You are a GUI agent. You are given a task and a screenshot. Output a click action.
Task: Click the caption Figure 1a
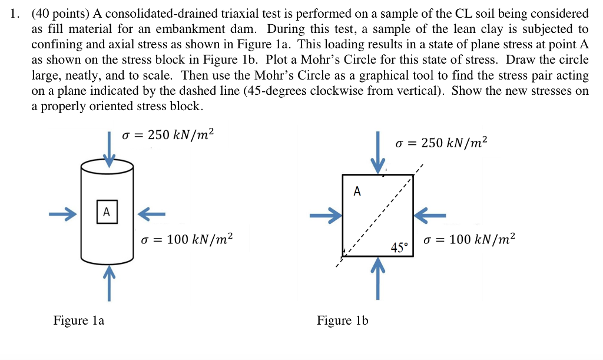pos(78,321)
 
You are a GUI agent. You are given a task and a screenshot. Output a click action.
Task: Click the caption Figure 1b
pos(342,321)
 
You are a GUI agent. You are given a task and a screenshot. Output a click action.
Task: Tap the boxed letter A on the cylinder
pos(107,212)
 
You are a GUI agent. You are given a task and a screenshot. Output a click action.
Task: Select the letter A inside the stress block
pos(357,191)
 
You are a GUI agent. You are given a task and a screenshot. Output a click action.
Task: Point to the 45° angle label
pos(399,247)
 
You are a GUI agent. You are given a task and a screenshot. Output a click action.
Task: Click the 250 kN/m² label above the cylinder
pos(168,135)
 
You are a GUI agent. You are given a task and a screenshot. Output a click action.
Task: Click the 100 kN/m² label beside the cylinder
pos(187,239)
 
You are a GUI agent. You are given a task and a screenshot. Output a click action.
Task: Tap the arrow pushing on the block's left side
pos(326,217)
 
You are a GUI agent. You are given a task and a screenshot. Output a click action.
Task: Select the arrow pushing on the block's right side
pos(430,216)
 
